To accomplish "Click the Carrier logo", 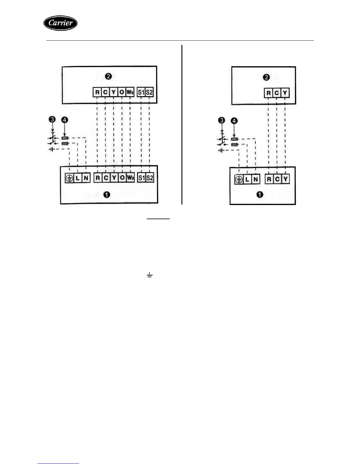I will (x=60, y=23).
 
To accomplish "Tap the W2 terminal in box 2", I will (x=130, y=92).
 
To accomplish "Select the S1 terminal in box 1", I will (x=141, y=178).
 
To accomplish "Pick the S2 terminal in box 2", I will (x=149, y=92).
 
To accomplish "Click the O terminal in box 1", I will (x=122, y=178).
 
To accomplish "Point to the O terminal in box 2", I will (x=122, y=92).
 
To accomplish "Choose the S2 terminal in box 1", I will (x=150, y=178).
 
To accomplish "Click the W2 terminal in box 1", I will (x=130, y=178).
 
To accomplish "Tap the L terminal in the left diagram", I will (x=78, y=178).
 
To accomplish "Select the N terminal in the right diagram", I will (x=256, y=179).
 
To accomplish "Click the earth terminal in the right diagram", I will (x=239, y=179).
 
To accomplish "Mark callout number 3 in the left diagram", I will (x=52, y=119).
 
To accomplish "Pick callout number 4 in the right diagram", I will (x=234, y=121).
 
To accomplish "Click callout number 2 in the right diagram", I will (x=266, y=77).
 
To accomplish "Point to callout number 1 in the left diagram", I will (x=107, y=194).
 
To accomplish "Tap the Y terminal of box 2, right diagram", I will (x=285, y=93).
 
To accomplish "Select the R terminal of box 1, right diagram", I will (x=269, y=179).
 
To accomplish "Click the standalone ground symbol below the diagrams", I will (x=150, y=275).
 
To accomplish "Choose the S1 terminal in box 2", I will (x=141, y=92).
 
